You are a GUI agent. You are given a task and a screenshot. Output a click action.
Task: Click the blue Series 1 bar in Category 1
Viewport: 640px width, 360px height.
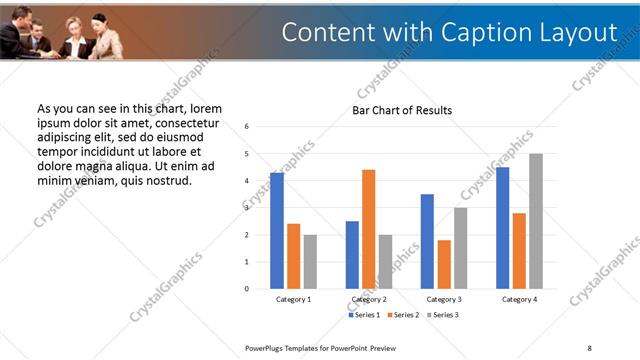pyautogui.click(x=277, y=231)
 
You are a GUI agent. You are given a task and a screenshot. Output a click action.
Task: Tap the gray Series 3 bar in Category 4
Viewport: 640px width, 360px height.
pyautogui.click(x=536, y=221)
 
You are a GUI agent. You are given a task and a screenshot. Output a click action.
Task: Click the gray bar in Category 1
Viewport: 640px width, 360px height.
pyautogui.click(x=310, y=262)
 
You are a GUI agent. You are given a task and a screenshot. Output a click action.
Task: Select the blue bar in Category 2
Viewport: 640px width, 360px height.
pyautogui.click(x=352, y=255)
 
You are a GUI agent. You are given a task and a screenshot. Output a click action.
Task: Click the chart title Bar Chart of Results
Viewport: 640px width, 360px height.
pyautogui.click(x=402, y=110)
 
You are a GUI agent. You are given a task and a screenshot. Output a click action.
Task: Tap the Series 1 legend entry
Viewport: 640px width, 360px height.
pyautogui.click(x=365, y=315)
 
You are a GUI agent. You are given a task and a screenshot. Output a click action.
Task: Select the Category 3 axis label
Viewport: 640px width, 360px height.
pyautogui.click(x=444, y=299)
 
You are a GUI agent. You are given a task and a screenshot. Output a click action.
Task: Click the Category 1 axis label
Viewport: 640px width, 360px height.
pyautogui.click(x=293, y=299)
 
